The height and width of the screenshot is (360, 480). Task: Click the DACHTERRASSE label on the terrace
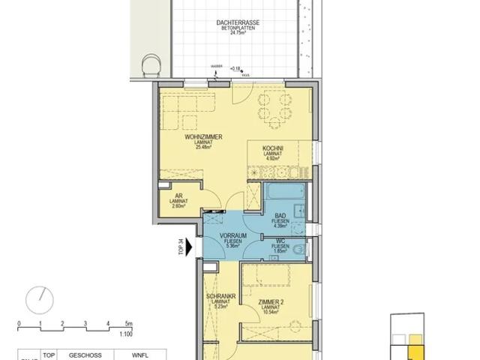pyautogui.click(x=239, y=24)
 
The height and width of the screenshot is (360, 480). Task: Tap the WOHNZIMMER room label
pyautogui.click(x=203, y=136)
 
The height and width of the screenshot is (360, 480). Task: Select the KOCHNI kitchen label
pyautogui.click(x=273, y=148)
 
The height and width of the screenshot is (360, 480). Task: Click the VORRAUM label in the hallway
pyautogui.click(x=233, y=235)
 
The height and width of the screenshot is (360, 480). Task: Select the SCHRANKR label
pyautogui.click(x=222, y=296)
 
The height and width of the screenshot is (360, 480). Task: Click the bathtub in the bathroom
pyautogui.click(x=283, y=193)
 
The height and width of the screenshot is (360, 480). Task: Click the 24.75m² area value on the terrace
pyautogui.click(x=239, y=34)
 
